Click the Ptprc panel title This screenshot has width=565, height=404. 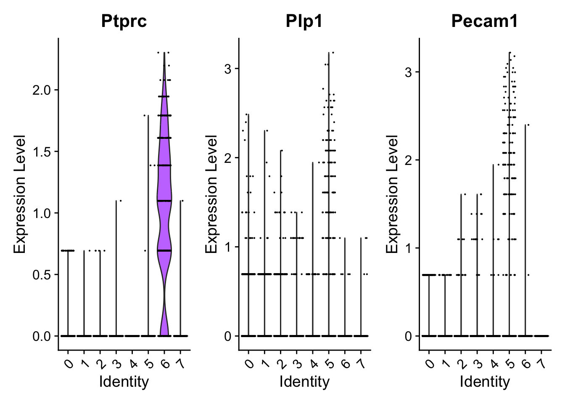tap(124, 21)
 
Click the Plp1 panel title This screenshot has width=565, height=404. tap(304, 21)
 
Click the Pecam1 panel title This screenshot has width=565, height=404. tap(485, 21)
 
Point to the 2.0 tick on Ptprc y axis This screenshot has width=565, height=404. tap(43, 90)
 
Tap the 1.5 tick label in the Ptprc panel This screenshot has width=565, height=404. tap(43, 151)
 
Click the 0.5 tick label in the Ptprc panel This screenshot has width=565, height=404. tap(43, 275)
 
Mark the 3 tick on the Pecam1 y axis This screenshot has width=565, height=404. tap(409, 72)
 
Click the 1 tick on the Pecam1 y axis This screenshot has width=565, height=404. tap(409, 248)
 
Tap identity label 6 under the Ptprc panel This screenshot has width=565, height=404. tap(164, 362)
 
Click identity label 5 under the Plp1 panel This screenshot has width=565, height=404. tap(329, 362)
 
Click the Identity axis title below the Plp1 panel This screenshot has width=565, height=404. tap(304, 382)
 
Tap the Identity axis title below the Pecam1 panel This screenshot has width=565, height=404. tap(485, 382)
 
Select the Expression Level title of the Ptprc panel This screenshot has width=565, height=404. tap(20, 194)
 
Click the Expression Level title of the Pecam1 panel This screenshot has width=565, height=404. tap(392, 194)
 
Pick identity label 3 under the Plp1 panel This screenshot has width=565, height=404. tap(297, 362)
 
